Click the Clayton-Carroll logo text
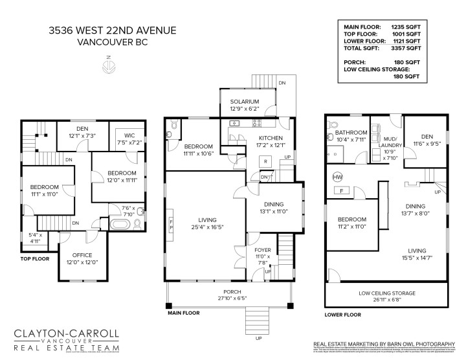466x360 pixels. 67,335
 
